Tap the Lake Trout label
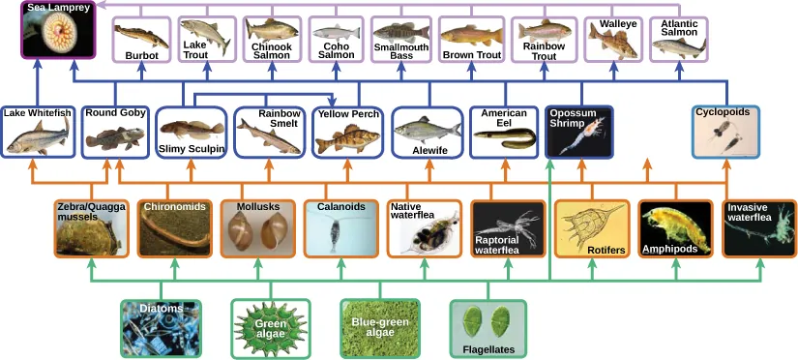195,49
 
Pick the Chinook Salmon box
272,39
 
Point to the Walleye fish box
615,39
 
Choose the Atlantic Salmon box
679,39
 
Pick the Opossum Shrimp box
578,132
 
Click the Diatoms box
161,329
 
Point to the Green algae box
271,329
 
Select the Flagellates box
488,329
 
